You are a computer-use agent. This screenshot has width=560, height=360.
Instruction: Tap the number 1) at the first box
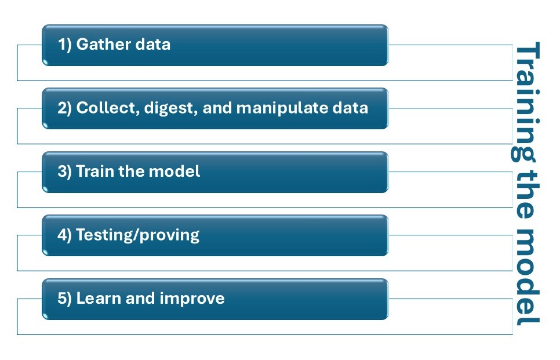coord(66,45)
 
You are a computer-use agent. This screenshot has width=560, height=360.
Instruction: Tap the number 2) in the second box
coord(66,108)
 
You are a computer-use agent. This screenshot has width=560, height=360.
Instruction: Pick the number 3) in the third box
coord(66,172)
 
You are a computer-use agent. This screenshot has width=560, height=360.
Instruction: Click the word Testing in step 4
coord(103,235)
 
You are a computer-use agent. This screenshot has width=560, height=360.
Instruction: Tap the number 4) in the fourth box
coord(66,235)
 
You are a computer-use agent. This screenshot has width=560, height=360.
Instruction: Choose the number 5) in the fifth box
coord(66,299)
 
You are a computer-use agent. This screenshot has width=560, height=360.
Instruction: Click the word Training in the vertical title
coord(526,102)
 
